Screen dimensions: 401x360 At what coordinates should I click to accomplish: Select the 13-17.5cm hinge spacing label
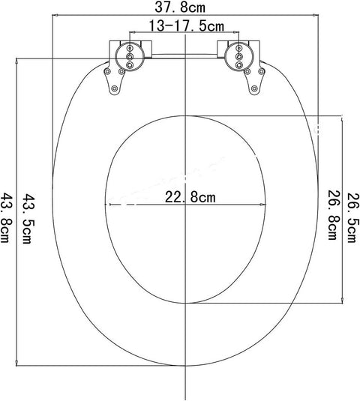[x=185, y=26]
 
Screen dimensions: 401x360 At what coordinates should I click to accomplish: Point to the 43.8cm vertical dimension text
[x=7, y=218]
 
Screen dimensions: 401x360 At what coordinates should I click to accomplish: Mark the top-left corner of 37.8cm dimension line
[x=52, y=15]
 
